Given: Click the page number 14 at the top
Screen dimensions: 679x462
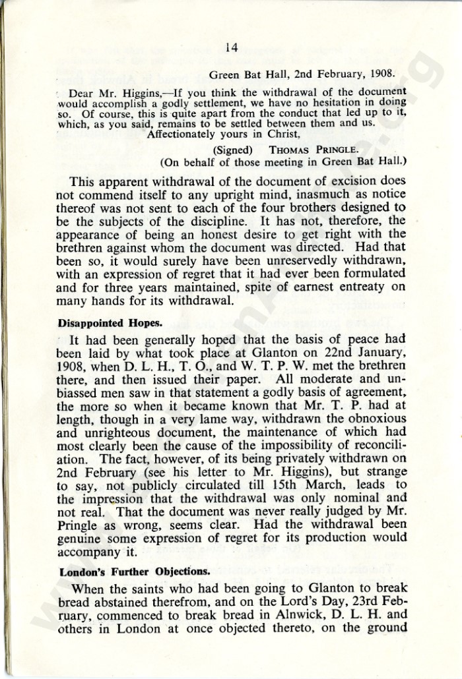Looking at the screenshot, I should coord(231,47).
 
